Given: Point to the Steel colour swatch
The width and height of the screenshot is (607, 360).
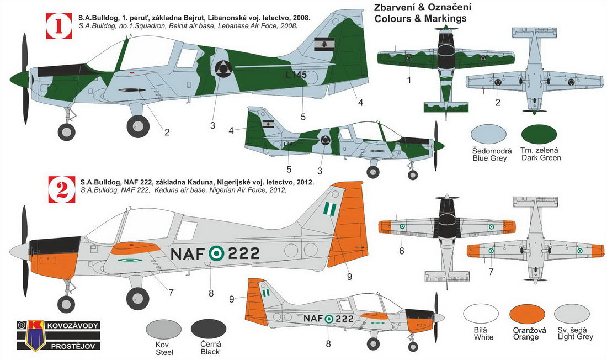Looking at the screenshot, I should click(164, 331).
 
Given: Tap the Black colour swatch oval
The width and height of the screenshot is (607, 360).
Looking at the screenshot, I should click(209, 331).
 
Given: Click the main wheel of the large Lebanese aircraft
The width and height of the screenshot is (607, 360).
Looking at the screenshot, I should click(138, 126).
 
